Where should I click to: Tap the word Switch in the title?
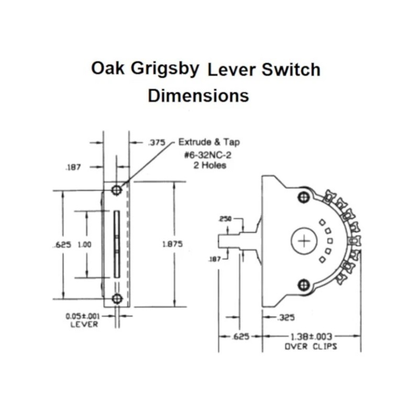291,70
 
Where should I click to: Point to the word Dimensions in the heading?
198,96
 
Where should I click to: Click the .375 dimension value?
157,142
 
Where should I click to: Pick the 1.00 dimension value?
84,244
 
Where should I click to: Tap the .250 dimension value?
226,218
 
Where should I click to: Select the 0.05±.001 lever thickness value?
83,316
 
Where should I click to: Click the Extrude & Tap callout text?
210,142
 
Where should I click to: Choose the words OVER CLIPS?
311,346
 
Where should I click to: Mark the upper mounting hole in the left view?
117,190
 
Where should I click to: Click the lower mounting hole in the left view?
117,299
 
